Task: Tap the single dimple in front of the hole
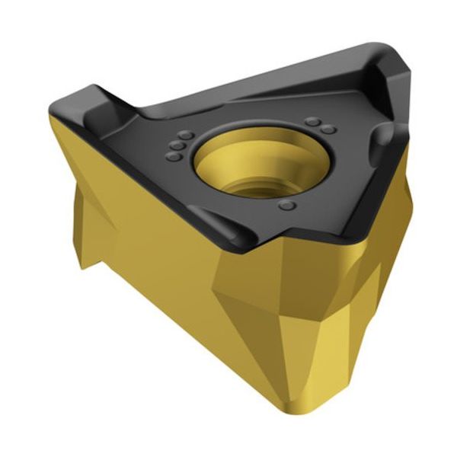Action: pos(286,205)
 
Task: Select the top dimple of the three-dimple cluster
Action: pos(186,135)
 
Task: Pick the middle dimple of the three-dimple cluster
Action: pos(177,145)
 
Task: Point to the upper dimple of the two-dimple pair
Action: pos(312,121)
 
